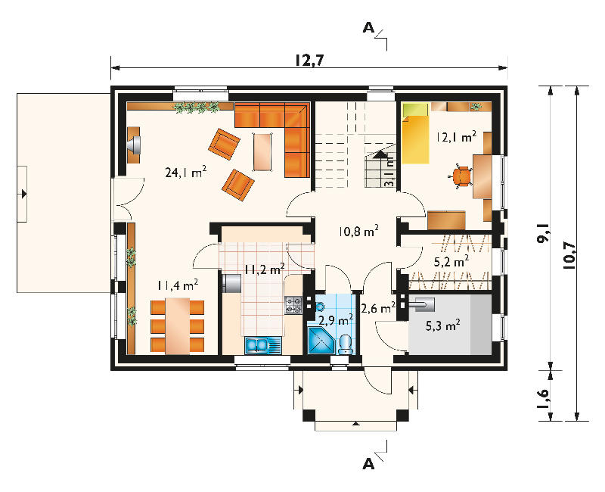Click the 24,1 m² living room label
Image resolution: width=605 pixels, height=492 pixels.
185,172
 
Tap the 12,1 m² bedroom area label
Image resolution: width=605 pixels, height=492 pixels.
456,137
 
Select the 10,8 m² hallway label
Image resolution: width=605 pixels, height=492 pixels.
358,232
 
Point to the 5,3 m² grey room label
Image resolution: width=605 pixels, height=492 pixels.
442,325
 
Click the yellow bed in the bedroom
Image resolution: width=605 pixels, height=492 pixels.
415,133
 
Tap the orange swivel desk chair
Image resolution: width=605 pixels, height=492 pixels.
462,176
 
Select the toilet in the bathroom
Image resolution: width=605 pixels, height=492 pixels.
345,344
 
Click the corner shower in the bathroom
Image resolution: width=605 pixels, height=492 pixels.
320,341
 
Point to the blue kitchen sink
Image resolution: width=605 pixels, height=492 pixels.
263,345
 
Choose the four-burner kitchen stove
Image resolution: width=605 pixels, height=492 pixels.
293,305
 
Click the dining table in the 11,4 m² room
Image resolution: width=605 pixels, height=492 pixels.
178,325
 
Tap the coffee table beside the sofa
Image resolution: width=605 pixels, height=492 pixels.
263,151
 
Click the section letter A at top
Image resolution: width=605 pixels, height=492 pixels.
369,28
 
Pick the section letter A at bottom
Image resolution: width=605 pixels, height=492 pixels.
369,464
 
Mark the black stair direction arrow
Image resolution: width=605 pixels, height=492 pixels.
381,154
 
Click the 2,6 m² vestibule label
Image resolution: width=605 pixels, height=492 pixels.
378,308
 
